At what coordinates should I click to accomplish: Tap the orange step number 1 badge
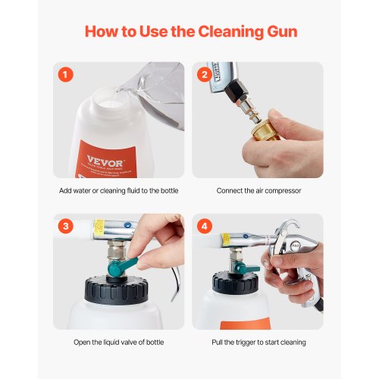(x=67, y=76)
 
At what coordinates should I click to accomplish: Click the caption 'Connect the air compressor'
(x=258, y=190)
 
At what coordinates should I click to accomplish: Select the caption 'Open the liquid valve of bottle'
(x=118, y=342)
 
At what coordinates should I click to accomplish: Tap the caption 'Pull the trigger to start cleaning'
(x=258, y=342)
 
